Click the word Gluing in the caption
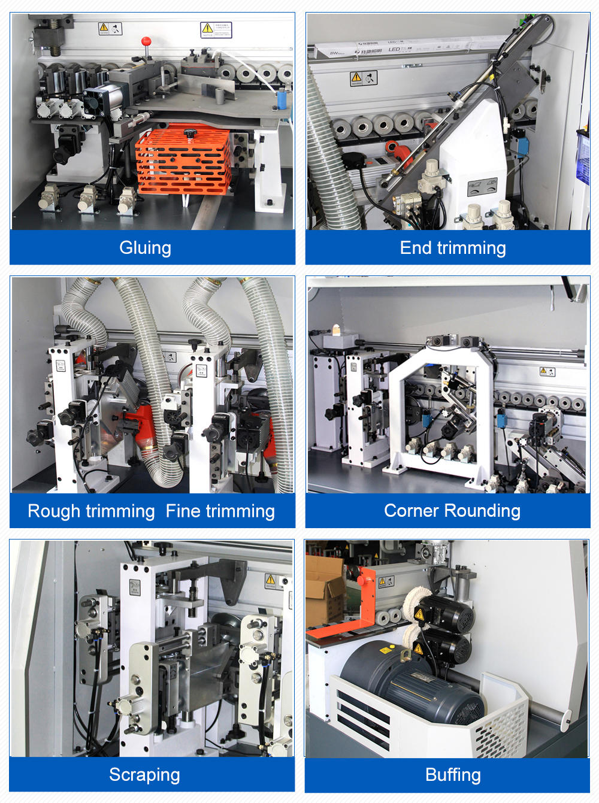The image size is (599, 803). (145, 248)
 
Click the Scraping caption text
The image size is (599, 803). (144, 775)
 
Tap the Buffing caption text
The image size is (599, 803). (453, 775)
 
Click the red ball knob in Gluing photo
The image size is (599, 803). (145, 41)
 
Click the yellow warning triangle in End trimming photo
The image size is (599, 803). (356, 77)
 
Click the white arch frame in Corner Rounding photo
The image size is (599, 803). (442, 413)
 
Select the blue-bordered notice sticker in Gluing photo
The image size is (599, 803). (216, 30)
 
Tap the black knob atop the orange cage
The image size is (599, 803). (190, 132)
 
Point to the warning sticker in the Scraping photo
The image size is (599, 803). (271, 580)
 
